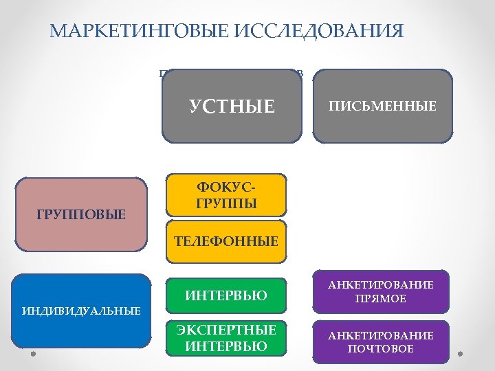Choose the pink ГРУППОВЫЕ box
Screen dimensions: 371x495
coord(81,216)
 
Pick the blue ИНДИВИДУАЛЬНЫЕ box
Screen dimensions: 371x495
coord(81,311)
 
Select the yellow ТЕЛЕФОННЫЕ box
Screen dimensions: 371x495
coord(226,241)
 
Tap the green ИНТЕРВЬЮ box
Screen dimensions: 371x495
coord(226,296)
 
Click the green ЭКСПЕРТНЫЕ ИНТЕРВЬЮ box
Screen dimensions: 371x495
coord(226,338)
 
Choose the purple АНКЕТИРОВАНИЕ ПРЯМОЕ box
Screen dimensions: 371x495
coord(380,292)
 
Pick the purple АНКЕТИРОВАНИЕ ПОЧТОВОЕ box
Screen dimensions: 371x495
coord(380,341)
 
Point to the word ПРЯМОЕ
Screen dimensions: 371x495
coord(380,299)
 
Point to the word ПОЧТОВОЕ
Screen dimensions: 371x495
coord(380,349)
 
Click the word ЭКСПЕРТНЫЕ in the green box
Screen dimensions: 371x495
coord(226,330)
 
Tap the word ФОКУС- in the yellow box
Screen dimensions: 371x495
coord(226,188)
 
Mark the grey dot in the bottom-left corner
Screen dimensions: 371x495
coord(32,355)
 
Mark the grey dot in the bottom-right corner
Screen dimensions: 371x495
coord(461,355)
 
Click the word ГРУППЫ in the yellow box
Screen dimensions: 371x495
coord(226,204)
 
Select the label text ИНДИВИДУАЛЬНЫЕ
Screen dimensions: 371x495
coord(81,311)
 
